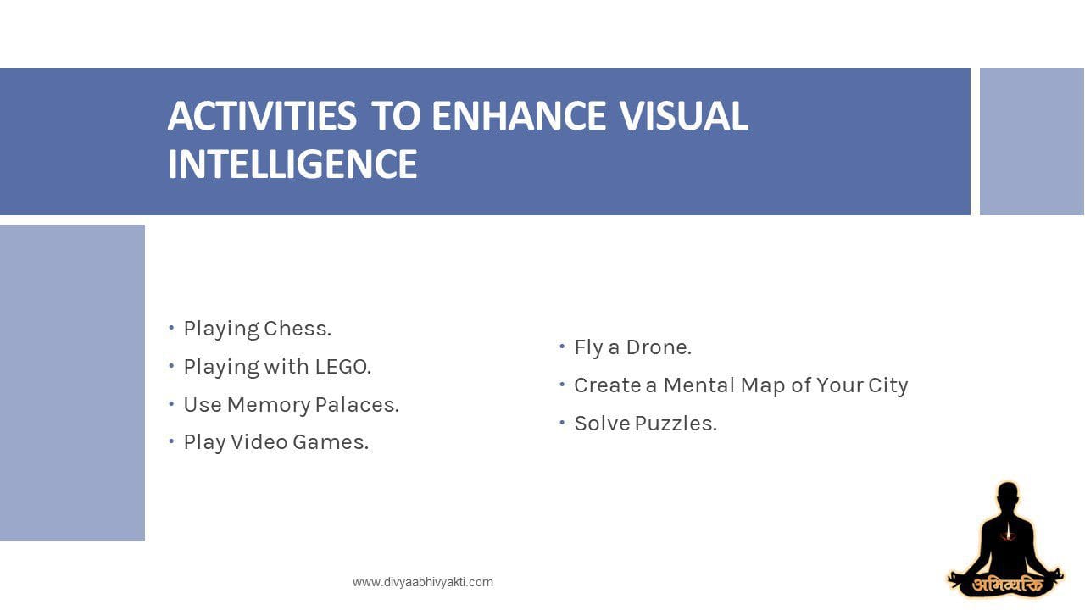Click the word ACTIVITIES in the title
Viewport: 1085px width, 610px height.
262,116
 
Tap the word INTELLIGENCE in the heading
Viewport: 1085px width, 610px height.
292,164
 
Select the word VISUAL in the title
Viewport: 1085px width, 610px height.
683,116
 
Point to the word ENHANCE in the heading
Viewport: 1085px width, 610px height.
518,116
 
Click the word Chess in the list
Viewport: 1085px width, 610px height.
298,328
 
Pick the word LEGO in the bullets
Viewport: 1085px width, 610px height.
343,367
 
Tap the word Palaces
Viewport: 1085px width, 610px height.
357,405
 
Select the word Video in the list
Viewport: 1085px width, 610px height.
259,442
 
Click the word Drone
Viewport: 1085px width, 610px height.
659,347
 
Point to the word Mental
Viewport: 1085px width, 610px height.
699,385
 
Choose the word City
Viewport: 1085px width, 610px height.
887,385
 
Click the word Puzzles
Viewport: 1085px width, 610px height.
676,424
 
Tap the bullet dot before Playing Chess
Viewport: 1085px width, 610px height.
171,328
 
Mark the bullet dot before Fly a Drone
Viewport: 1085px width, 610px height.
562,347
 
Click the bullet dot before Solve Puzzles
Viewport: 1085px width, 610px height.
562,423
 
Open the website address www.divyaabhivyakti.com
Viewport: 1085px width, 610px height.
423,582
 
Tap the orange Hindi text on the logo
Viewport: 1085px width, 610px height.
1009,585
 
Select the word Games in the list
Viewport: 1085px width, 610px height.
331,442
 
